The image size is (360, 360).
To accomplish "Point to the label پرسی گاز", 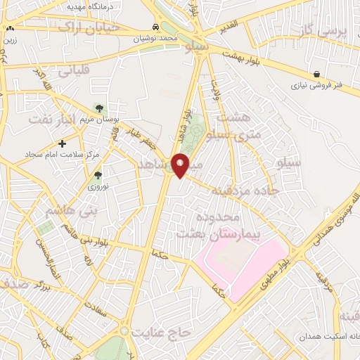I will pos(328,31).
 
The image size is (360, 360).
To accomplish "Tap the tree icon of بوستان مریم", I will pos(98,108).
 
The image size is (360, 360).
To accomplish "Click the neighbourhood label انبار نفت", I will pos(51,120).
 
